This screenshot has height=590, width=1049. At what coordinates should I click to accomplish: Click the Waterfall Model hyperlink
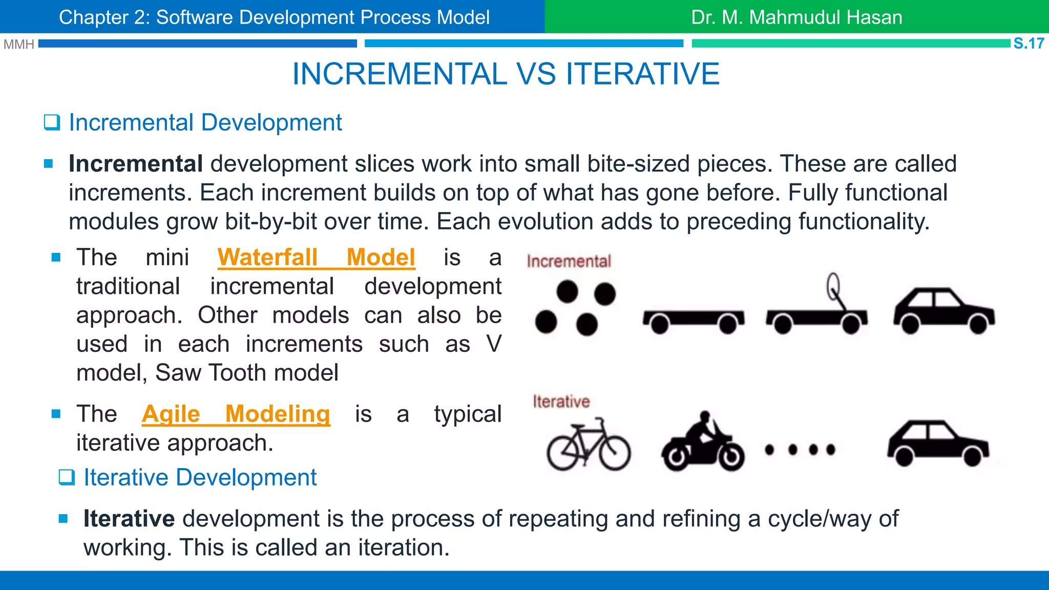click(316, 257)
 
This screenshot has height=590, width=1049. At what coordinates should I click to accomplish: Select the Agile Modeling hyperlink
click(236, 414)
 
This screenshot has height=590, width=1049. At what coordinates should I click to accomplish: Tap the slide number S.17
click(1029, 44)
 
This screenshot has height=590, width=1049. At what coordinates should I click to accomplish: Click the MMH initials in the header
click(18, 45)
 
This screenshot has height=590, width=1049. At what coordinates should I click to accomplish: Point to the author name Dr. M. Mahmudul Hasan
click(796, 17)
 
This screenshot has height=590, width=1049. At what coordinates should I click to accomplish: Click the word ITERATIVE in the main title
click(642, 74)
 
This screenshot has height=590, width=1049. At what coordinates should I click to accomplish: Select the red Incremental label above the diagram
click(569, 261)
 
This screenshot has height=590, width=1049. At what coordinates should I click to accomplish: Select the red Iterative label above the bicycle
click(561, 402)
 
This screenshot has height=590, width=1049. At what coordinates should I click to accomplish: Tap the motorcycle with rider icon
click(702, 444)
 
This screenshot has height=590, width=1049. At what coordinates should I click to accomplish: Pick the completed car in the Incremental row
click(943, 311)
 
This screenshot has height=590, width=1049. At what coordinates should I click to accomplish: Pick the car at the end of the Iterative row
click(937, 444)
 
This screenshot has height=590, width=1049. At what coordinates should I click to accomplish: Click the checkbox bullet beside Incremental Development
click(52, 123)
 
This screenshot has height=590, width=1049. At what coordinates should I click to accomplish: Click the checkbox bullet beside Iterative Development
click(67, 477)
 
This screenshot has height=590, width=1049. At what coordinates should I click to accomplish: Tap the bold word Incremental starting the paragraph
click(136, 164)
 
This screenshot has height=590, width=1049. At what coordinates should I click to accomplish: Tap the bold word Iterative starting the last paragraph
click(129, 519)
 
